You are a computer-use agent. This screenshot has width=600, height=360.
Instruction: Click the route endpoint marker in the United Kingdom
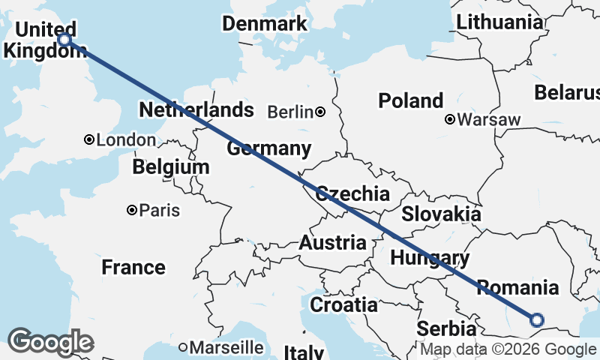tap(65, 40)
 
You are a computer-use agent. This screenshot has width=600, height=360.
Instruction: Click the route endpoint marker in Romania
tap(537, 320)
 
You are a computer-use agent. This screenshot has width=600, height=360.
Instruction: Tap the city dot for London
tap(89, 139)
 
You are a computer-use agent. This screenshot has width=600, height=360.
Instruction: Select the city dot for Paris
tap(132, 210)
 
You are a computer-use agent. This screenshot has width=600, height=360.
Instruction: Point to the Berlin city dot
tap(320, 112)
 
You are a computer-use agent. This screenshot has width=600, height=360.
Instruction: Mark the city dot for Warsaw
tap(450, 118)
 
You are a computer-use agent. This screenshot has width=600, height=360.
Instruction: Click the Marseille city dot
tap(183, 347)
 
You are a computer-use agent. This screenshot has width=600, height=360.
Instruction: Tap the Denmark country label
tap(265, 23)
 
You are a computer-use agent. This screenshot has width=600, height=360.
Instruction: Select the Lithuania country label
tap(499, 22)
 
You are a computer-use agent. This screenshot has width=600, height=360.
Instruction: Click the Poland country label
tap(410, 100)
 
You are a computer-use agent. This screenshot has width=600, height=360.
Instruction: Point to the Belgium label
tap(170, 166)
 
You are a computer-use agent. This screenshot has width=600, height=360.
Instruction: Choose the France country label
tap(133, 267)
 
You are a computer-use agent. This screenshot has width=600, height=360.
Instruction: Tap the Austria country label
tap(333, 243)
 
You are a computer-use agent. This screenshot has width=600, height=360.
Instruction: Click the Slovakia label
tap(441, 214)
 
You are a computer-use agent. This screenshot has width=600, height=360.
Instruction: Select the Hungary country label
tap(430, 258)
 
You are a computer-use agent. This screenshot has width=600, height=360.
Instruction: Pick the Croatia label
tap(343, 304)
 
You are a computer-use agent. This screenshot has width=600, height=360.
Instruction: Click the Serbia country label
tap(446, 328)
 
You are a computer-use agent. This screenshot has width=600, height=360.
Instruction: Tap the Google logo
tap(50, 342)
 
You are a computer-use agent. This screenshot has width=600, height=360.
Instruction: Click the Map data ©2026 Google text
tap(508, 349)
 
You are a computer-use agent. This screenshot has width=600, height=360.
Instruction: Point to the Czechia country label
tap(352, 194)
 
